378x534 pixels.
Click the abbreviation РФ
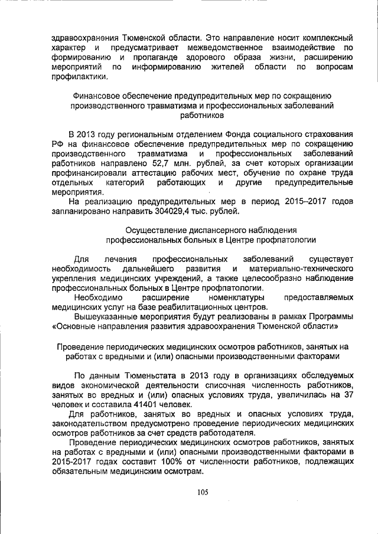tap(58, 142)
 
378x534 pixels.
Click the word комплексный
tap(325, 37)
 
